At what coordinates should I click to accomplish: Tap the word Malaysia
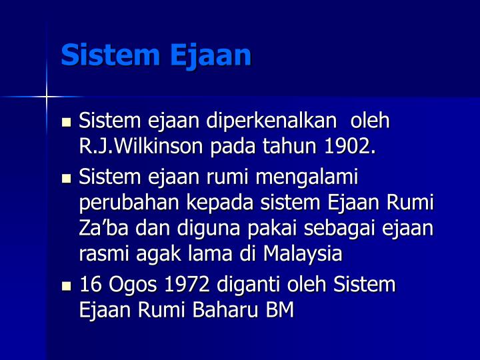coord(303,253)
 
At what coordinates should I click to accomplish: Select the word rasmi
coord(101,253)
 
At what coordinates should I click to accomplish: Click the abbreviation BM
coord(279,310)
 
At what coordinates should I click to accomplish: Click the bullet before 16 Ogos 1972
coord(66,286)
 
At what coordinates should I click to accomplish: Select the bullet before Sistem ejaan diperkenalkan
coord(66,123)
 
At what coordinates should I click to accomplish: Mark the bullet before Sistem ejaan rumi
coord(66,178)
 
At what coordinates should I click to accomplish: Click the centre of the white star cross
coord(47,97)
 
